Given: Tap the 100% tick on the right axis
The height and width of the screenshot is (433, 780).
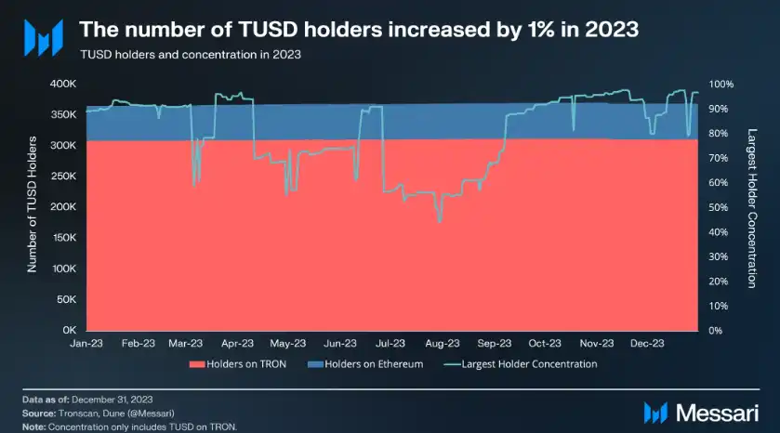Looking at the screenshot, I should pos(721,84).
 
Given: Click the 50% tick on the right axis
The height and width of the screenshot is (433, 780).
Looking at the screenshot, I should pos(719,207).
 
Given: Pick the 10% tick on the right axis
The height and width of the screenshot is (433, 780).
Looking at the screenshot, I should pos(719,306).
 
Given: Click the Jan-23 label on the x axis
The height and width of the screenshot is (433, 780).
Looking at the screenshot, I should pos(86,344).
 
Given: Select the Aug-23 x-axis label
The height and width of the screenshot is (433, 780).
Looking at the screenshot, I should pos(443,344).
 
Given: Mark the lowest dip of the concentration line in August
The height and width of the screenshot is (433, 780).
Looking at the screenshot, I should pos(439,221).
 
